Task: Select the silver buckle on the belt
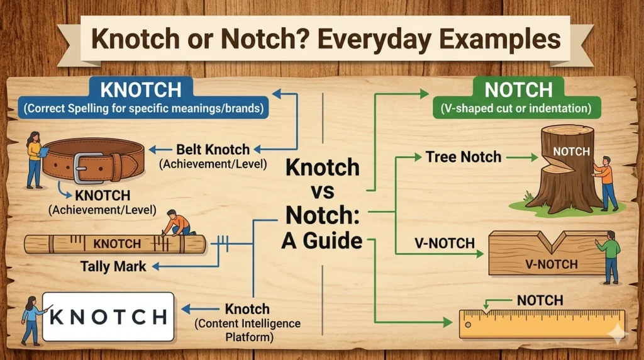(x=83, y=168)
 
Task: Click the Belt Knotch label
(x=213, y=150)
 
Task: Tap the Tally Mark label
(x=113, y=266)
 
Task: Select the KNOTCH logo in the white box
(x=108, y=316)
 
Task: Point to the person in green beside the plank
(x=609, y=255)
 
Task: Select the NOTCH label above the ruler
(x=540, y=301)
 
